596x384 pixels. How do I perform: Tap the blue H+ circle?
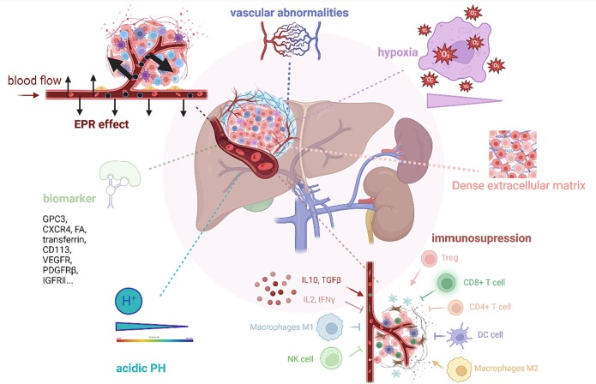pyautogui.click(x=131, y=300)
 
